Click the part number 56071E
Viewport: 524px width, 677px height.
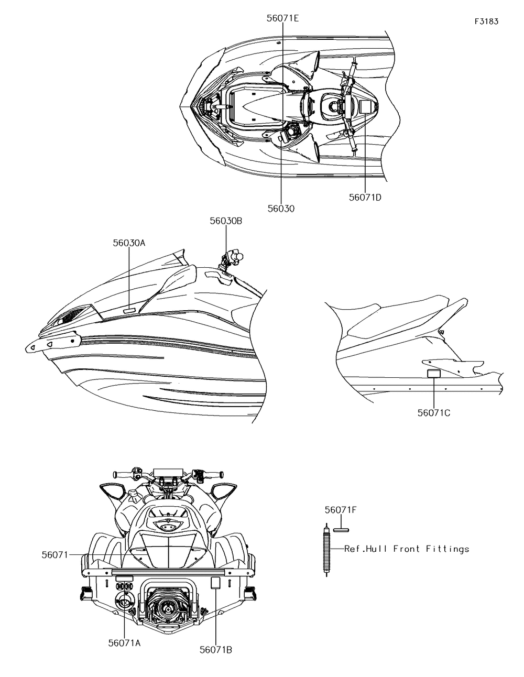click(x=282, y=18)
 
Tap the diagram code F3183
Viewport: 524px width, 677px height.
click(x=486, y=21)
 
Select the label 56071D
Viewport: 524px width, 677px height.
click(x=365, y=198)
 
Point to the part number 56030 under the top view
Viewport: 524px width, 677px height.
click(x=281, y=209)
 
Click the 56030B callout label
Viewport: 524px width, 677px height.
click(x=226, y=221)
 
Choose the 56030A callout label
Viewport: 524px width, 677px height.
click(x=129, y=243)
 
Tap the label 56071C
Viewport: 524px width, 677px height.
click(x=434, y=412)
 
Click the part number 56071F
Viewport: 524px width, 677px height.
click(x=341, y=509)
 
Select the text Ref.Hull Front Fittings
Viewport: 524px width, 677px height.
click(x=407, y=549)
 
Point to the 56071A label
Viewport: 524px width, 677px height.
click(x=124, y=643)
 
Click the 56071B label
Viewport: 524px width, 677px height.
click(x=216, y=650)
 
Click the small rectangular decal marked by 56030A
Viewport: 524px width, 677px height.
click(x=129, y=311)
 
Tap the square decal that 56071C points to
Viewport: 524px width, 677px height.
click(x=433, y=374)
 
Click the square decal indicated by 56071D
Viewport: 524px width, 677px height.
click(x=365, y=106)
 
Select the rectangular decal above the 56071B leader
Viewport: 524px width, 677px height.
click(x=215, y=583)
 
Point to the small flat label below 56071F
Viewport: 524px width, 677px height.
click(x=341, y=529)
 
